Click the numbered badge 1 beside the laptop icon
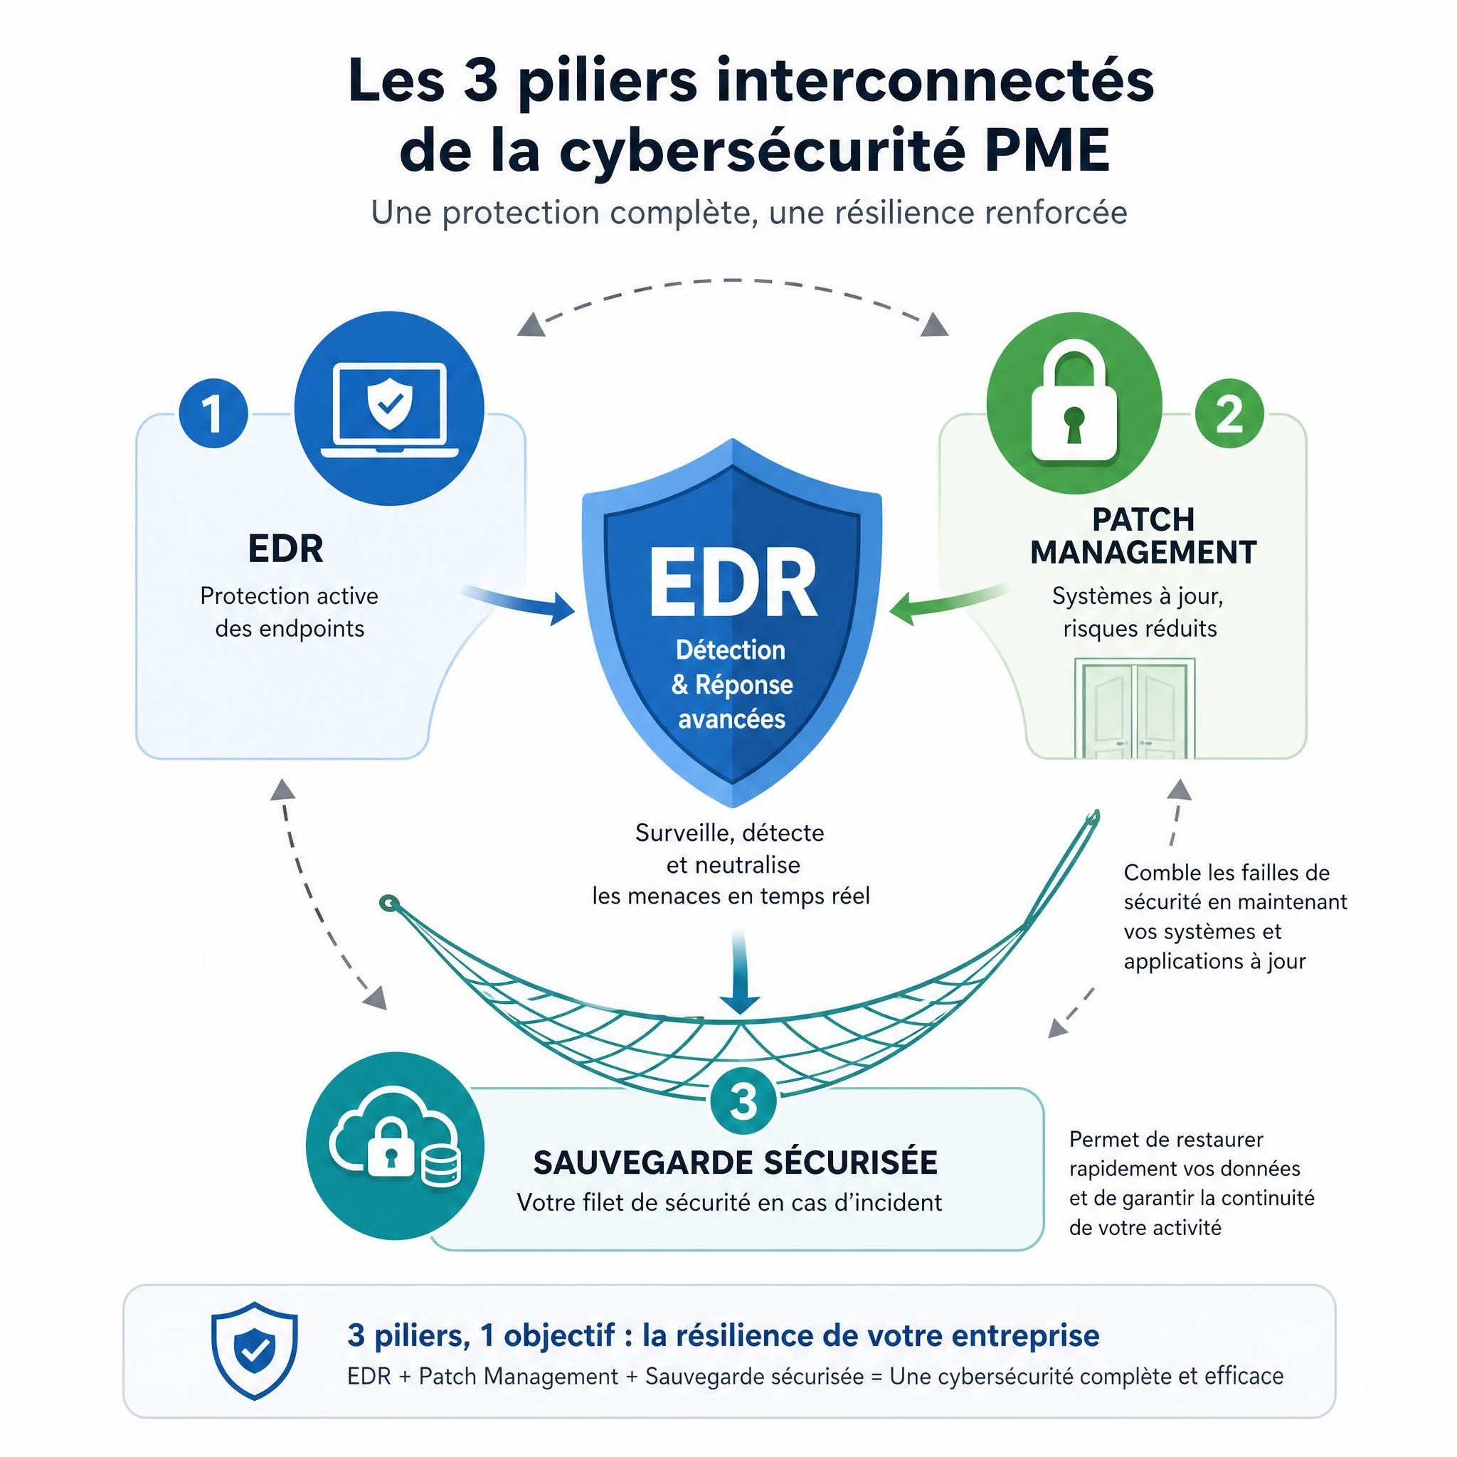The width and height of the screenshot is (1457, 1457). pos(213,413)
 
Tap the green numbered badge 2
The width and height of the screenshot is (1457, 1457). pos(1230,413)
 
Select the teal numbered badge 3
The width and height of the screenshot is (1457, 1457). pos(743,1102)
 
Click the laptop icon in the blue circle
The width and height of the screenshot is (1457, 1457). pos(389,410)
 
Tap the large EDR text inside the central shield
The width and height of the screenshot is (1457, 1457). pos(732,583)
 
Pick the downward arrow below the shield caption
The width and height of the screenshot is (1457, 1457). pos(740,972)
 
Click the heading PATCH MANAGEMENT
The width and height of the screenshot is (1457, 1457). pos(1143,536)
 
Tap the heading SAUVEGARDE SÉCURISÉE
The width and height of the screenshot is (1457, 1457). pos(736,1162)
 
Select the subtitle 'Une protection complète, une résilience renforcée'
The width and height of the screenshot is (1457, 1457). pos(749,213)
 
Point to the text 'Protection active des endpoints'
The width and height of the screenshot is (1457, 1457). pos(290,612)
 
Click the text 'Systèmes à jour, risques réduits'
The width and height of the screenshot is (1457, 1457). pos(1139,612)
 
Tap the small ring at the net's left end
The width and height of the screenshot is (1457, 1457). pos(388,903)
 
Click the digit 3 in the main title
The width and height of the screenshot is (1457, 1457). pos(480,80)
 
